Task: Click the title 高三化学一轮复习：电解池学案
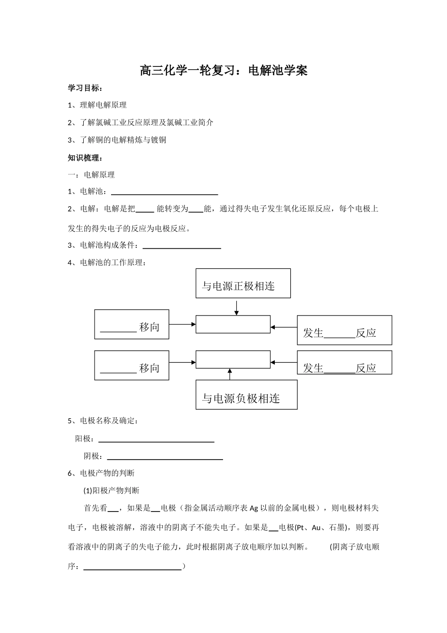223,71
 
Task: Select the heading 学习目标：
85,88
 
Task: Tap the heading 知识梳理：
85,158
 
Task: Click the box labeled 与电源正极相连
243,283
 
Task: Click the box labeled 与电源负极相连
246,395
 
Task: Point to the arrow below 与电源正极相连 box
237,307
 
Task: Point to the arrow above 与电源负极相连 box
230,374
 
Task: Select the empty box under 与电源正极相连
233,325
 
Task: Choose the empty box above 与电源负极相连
233,359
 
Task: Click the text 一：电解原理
91,175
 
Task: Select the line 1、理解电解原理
97,105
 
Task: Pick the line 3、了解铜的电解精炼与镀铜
117,140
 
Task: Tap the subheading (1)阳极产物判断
112,490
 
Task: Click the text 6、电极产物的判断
101,473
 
